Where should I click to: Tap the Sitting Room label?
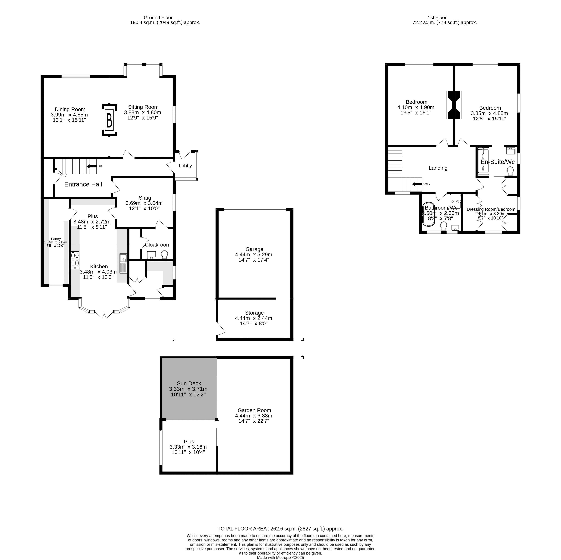[143, 107]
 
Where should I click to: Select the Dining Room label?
[70, 109]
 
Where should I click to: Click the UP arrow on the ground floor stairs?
[92, 166]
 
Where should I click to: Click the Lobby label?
[185, 166]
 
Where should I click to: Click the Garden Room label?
[254, 410]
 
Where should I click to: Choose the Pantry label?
[56, 239]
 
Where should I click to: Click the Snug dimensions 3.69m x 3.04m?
[144, 203]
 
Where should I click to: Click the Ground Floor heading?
[158, 17]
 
